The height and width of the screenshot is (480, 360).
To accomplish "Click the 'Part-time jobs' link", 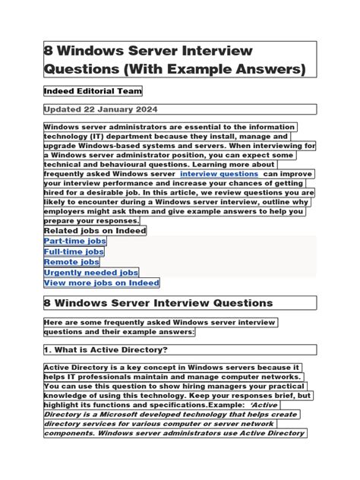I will click(75, 241).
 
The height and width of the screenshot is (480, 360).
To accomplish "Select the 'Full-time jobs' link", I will click(74, 251).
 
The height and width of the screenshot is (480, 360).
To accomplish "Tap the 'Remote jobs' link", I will click(71, 262).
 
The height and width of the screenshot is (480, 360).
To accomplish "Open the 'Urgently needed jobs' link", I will click(91, 272).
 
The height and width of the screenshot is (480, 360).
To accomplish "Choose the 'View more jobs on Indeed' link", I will click(102, 283).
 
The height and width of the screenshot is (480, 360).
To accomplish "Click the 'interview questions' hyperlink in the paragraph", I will click(219, 174).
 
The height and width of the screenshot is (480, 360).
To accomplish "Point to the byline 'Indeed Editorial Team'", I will click(93, 91).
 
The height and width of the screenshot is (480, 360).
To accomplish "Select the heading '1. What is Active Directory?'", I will click(106, 350).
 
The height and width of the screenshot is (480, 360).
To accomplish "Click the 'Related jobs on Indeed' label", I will click(95, 230).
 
